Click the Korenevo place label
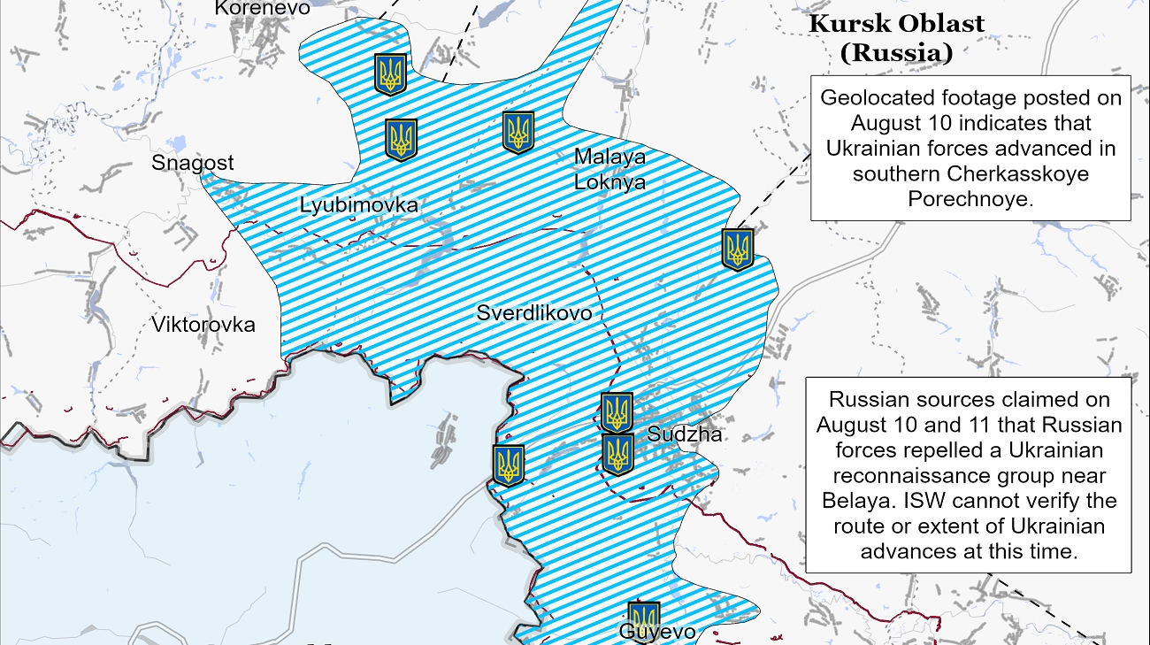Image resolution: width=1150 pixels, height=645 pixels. [x=263, y=8]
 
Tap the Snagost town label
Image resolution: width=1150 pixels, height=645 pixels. [x=193, y=163]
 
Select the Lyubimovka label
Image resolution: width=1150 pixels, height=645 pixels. [x=358, y=205]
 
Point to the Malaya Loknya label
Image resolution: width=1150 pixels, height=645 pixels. [x=609, y=170]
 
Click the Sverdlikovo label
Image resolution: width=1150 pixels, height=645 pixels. [x=533, y=313]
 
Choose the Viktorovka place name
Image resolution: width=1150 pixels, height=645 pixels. [x=203, y=325]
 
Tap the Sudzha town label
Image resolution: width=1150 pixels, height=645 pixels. [x=684, y=434]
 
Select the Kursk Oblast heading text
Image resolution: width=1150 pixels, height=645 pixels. [x=896, y=24]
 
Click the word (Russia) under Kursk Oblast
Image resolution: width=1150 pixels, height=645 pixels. [x=896, y=53]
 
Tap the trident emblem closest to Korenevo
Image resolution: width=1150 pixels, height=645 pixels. [x=390, y=74]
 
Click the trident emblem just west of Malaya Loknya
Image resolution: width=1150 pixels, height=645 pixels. [x=518, y=132]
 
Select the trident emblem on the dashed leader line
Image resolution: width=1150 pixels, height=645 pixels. [x=738, y=249]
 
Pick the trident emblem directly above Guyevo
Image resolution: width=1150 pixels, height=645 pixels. [x=643, y=616]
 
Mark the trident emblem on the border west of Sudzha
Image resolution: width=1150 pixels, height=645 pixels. [x=509, y=465]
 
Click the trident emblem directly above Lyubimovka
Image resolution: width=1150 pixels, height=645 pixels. [x=401, y=140]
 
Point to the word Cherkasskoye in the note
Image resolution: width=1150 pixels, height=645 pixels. [x=1029, y=174]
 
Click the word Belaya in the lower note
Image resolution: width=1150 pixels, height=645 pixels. [x=854, y=501]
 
